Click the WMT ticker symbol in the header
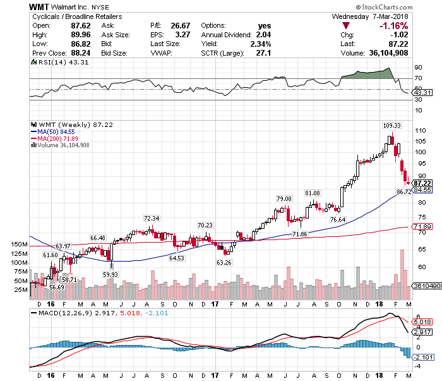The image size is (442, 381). [x=41, y=6]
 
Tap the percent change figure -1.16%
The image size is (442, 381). [x=391, y=25]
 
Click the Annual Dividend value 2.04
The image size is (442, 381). [x=263, y=35]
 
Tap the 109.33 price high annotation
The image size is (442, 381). [x=392, y=125]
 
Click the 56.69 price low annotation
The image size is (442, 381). [x=57, y=287]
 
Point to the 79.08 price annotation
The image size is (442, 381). [x=285, y=199]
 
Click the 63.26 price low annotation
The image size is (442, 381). [x=224, y=262]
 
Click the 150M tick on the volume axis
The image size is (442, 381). [x=20, y=245]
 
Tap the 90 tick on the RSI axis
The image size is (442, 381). [x=417, y=66]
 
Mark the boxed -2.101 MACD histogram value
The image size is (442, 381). [x=422, y=357]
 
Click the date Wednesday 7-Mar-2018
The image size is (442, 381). [x=372, y=16]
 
